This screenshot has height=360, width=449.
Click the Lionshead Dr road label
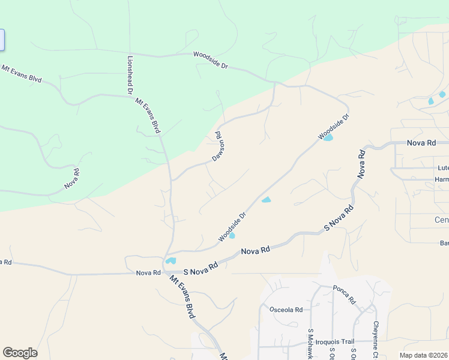pyautogui.click(x=129, y=75)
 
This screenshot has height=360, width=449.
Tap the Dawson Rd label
pyautogui.click(x=218, y=146)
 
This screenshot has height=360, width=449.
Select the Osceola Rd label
pyautogui.click(x=286, y=310)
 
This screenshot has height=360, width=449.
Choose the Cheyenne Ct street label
pyautogui.click(x=376, y=340)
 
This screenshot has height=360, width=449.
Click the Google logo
pyautogui.click(x=20, y=353)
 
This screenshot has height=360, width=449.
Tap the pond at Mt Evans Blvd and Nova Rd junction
pyautogui.click(x=171, y=260)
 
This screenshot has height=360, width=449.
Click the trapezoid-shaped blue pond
pyautogui.click(x=266, y=199)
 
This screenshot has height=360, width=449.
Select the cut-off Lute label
pyautogui.click(x=443, y=168)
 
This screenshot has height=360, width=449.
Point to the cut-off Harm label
pyautogui.click(x=442, y=179)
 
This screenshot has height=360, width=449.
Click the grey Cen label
pyautogui.click(x=441, y=220)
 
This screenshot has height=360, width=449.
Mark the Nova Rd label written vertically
pyautogui.click(x=361, y=163)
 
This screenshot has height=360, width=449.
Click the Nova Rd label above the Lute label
pyautogui.click(x=421, y=143)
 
